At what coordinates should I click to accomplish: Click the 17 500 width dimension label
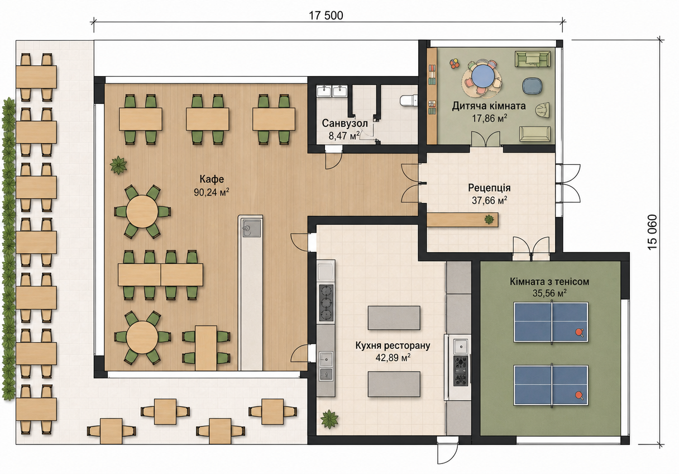click(x=326, y=16)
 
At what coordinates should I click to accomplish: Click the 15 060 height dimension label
click(x=653, y=232)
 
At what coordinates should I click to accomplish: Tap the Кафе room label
click(x=212, y=179)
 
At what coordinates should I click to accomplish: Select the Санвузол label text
click(x=345, y=123)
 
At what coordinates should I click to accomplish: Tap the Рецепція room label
click(x=489, y=188)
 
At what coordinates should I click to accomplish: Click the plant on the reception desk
click(x=489, y=219)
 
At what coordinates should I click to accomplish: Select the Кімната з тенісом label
click(x=549, y=282)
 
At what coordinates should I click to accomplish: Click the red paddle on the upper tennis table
click(x=580, y=332)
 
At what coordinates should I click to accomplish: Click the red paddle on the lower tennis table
click(x=579, y=395)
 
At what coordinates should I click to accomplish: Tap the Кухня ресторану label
click(x=393, y=345)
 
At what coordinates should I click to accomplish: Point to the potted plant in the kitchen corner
click(x=329, y=419)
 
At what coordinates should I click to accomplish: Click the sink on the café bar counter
click(x=251, y=228)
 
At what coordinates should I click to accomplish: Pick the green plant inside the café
click(x=118, y=165)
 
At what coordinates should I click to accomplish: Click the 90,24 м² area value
click(x=211, y=192)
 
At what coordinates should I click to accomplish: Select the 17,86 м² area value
click(x=489, y=118)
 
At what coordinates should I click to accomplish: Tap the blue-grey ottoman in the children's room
click(x=532, y=86)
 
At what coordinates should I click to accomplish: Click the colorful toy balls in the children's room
click(x=455, y=63)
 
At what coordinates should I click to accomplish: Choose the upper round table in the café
click(x=142, y=211)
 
